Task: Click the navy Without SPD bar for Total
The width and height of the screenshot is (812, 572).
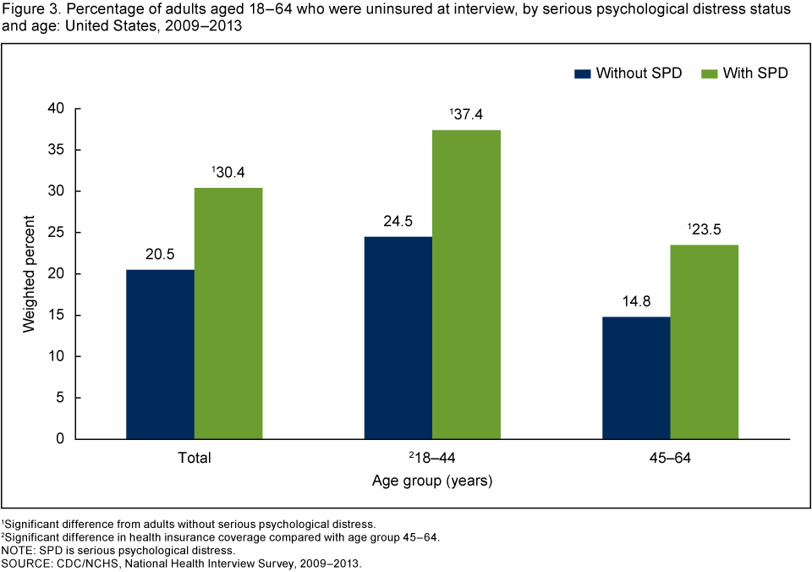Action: pos(160,354)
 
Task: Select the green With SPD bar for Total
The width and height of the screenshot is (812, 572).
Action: pos(228,313)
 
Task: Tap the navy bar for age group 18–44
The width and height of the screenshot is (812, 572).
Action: pos(398,337)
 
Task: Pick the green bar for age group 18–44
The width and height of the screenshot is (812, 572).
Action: pos(467,284)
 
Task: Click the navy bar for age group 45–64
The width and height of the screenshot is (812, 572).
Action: pos(636,377)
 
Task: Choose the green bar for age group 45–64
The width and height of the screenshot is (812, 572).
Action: pos(705,342)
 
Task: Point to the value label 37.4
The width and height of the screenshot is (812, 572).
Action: pos(467,114)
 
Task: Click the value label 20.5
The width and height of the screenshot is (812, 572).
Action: pos(160,255)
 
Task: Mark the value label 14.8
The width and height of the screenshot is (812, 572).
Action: pos(636,302)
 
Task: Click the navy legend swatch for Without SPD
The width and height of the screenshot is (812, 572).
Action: pos(582,73)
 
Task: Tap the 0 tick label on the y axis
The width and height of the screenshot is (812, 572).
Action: pos(60,439)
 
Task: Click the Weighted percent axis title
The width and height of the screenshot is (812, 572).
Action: pos(30,272)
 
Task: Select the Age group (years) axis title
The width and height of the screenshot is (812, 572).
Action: pos(432,481)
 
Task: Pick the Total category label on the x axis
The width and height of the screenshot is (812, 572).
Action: pos(194,459)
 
